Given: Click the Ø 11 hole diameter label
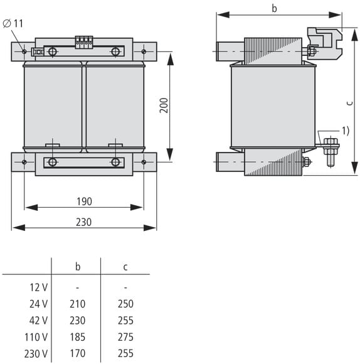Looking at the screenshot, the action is pyautogui.click(x=13, y=23).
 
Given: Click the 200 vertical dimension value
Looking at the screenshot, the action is pyautogui.click(x=164, y=105).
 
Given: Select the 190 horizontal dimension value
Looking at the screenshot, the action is pyautogui.click(x=84, y=201).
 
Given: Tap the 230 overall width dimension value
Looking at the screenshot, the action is pyautogui.click(x=84, y=222).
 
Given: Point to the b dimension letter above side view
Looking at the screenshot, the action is pyautogui.click(x=274, y=8).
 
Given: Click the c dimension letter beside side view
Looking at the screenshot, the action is pyautogui.click(x=350, y=103).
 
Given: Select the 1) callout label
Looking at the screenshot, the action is pyautogui.click(x=346, y=131).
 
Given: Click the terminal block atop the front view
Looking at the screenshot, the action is pyautogui.click(x=84, y=42).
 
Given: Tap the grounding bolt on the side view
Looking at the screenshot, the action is pyautogui.click(x=331, y=152).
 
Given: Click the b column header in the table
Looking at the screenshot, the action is pyautogui.click(x=78, y=267).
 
